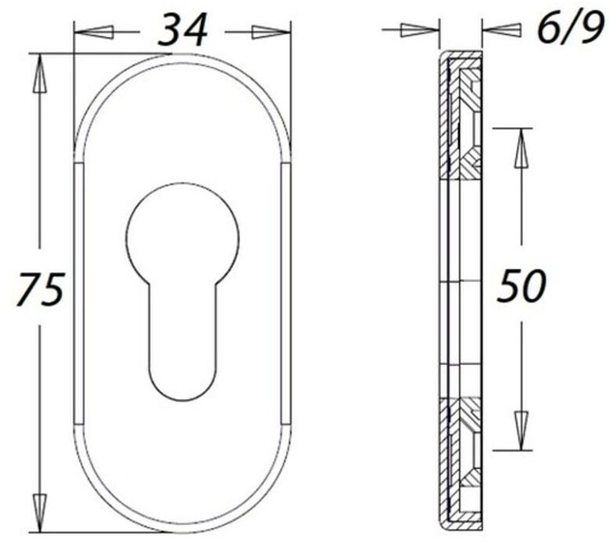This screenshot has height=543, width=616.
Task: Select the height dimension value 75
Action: (40, 289)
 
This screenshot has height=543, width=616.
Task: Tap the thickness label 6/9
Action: (570, 28)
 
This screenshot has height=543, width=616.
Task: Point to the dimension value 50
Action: (521, 285)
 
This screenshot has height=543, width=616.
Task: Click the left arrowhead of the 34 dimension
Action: (95, 32)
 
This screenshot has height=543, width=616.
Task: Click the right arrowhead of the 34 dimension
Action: (271, 32)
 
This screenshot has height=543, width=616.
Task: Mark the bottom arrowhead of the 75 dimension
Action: (39, 513)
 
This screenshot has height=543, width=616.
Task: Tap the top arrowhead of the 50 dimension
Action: (521, 148)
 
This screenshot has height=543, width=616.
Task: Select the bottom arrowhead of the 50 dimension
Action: (521, 430)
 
